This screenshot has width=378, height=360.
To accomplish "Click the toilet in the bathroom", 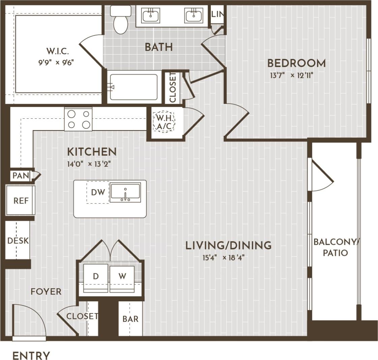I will click(x=120, y=21).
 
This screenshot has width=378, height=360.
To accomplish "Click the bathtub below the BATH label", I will click(x=134, y=87).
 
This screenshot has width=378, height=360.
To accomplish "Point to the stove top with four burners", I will click(x=78, y=119).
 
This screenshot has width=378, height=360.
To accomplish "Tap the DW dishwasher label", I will click(x=98, y=192).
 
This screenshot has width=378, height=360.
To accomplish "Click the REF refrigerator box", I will click(x=21, y=201).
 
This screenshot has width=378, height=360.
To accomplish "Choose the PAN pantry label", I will click(x=21, y=176).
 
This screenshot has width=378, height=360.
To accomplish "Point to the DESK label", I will click(x=18, y=241).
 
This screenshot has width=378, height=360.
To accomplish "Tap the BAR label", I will click(x=130, y=319).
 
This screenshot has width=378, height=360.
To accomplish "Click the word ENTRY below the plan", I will click(x=31, y=356).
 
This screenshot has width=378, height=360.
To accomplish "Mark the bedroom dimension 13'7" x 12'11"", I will click(x=292, y=75).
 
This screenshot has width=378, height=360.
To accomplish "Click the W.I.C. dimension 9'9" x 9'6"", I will click(x=56, y=62).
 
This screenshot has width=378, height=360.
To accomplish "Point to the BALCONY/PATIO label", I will click(x=336, y=247).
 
